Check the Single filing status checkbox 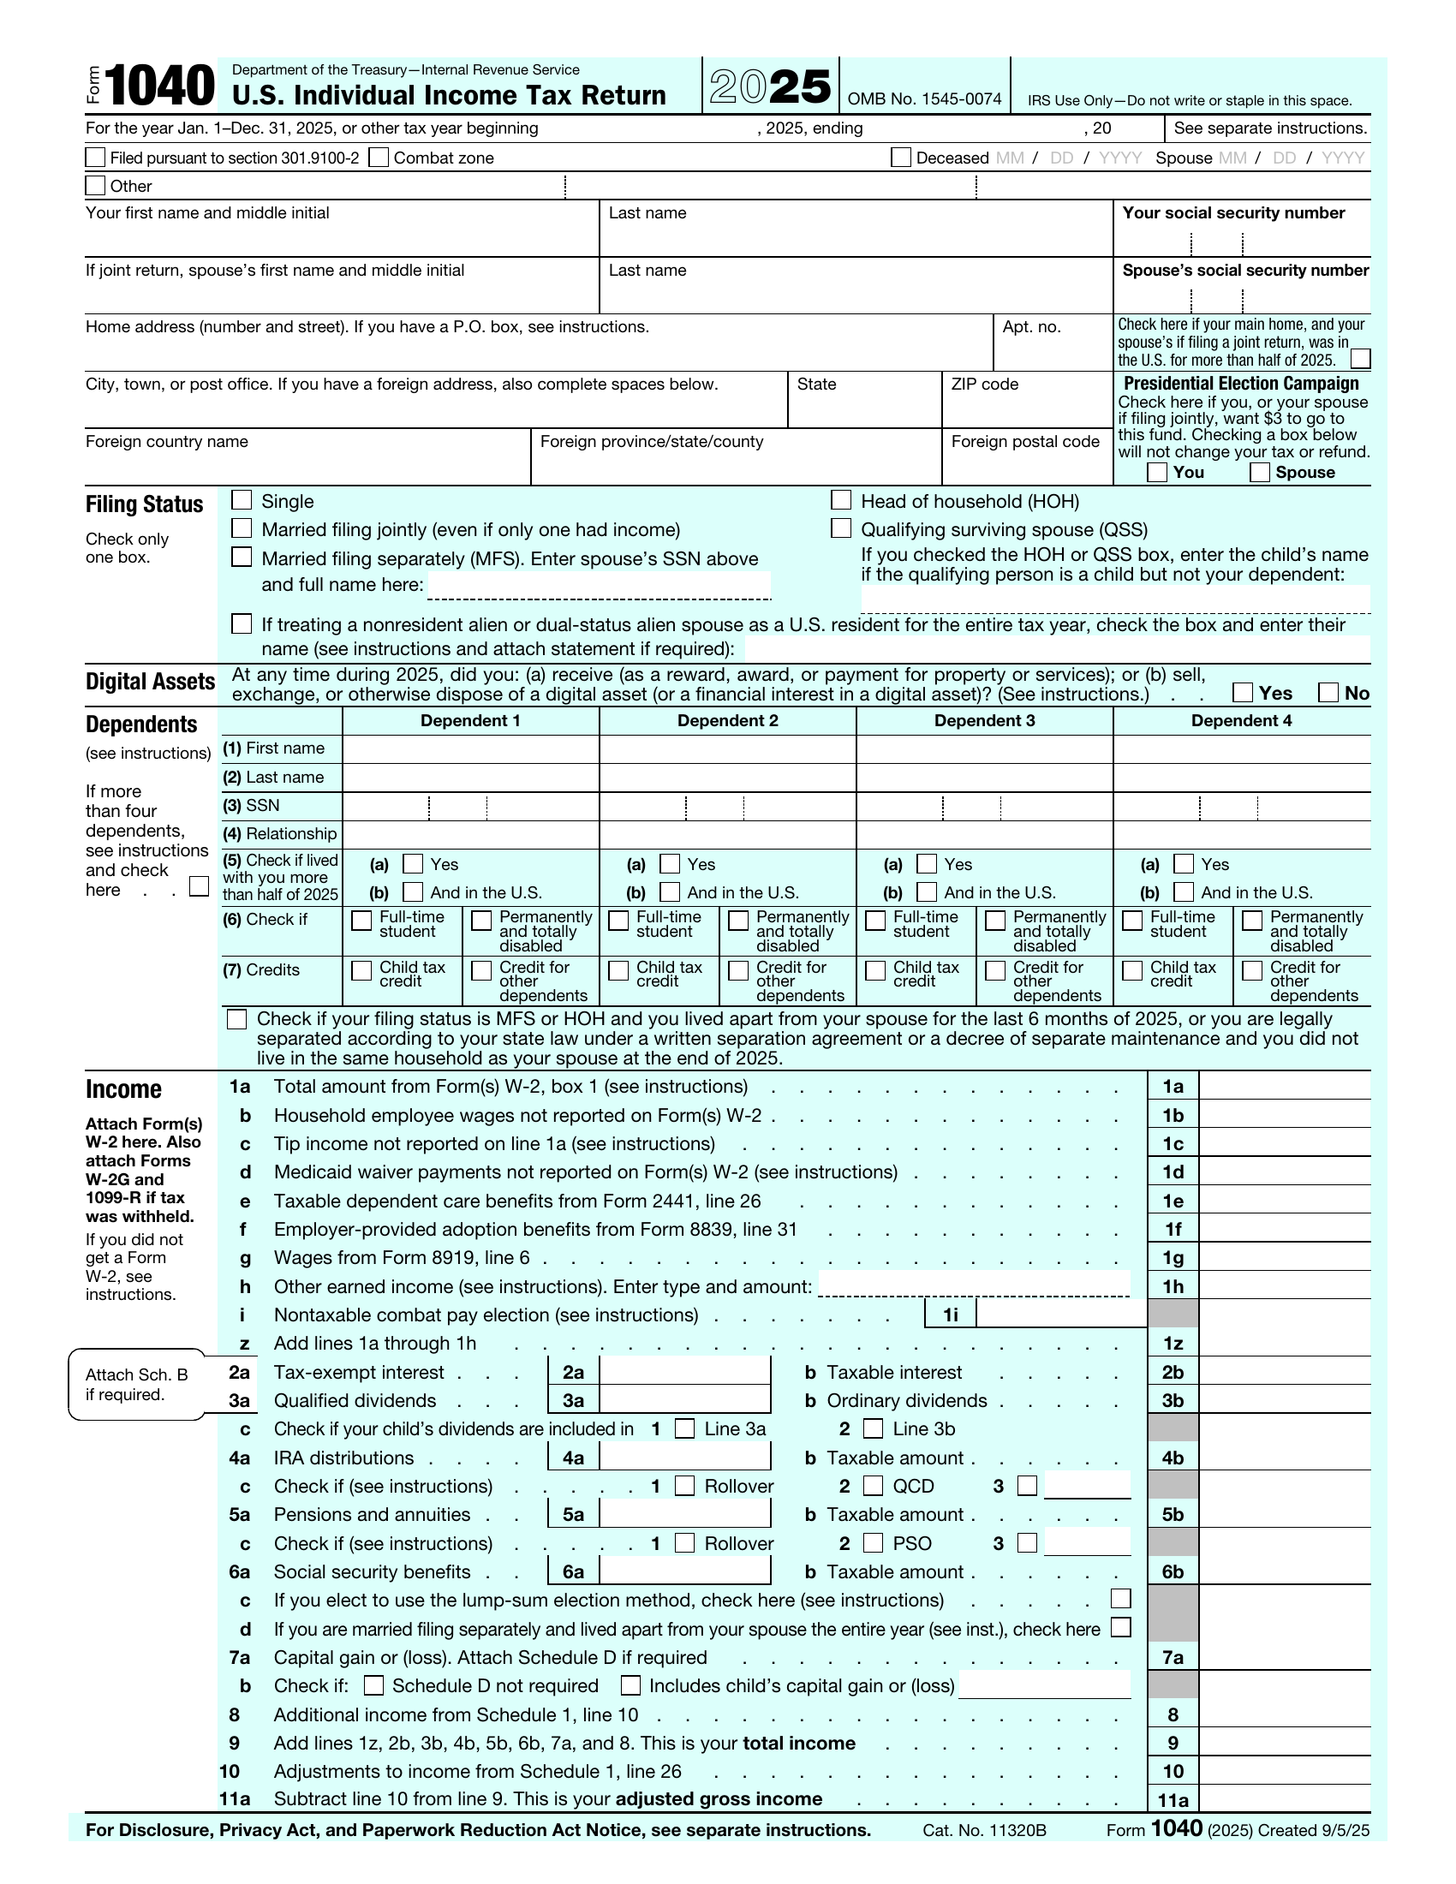coord(242,500)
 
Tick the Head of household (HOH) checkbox coord(840,500)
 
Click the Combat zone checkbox coord(378,157)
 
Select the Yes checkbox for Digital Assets coord(1242,692)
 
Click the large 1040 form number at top coord(160,86)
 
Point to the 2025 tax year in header coord(770,86)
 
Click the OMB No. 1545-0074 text coord(924,99)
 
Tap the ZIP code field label coord(984,384)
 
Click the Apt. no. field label coord(1030,327)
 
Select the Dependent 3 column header coord(984,720)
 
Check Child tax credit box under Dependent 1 coord(361,970)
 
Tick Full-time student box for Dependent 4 coord(1131,921)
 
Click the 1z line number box coord(1173,1343)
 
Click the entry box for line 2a coord(684,1372)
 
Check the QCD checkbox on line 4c coord(873,1486)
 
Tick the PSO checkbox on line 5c coord(873,1542)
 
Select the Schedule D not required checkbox coord(373,1684)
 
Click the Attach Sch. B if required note coord(136,1384)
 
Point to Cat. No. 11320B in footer coord(983,1830)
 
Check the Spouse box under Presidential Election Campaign coord(1259,472)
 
